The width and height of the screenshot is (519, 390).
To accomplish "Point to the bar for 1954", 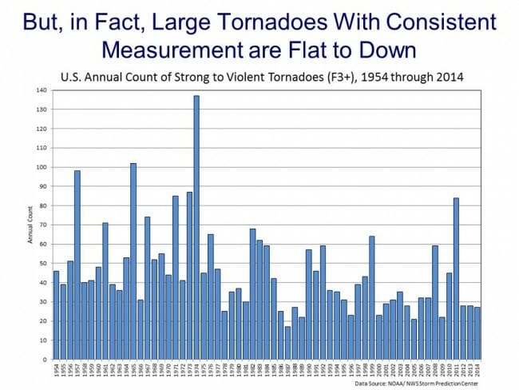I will coord(56,315).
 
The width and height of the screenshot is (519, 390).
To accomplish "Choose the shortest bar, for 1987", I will coord(287,343).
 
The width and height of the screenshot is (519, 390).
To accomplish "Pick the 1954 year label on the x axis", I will coord(56,370).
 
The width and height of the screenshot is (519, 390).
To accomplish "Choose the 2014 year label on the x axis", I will coord(477,370).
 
